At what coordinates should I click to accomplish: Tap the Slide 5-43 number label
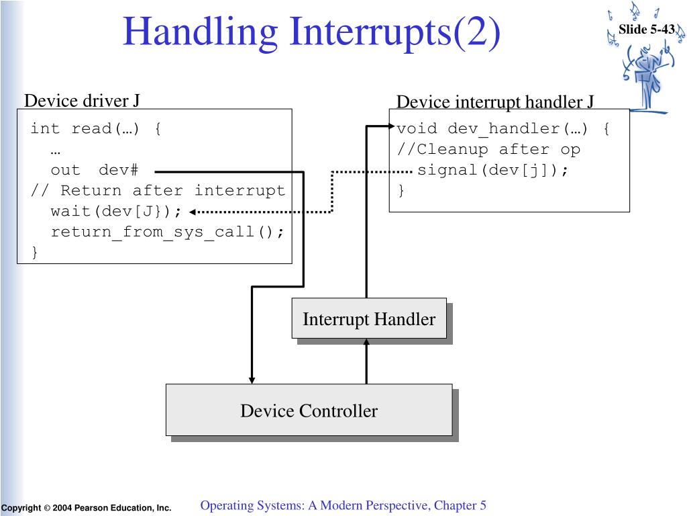[x=646, y=29]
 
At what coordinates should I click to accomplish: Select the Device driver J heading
[x=82, y=101]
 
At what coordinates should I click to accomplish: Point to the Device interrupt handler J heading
[x=495, y=102]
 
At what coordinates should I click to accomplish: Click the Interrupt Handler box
[x=369, y=318]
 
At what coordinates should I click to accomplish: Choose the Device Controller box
[x=309, y=411]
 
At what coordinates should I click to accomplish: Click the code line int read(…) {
[x=96, y=129]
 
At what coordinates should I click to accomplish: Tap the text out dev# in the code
[x=94, y=171]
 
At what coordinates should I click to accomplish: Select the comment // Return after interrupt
[x=158, y=191]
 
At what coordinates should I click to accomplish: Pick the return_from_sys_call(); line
[x=168, y=232]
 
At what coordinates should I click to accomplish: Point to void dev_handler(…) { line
[x=503, y=129]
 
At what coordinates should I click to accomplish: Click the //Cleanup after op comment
[x=488, y=150]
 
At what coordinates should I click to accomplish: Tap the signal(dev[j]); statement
[x=492, y=171]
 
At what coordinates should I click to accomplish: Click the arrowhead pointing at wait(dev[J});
[x=193, y=212]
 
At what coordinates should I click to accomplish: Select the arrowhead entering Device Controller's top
[x=252, y=379]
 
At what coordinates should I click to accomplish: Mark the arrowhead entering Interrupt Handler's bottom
[x=366, y=343]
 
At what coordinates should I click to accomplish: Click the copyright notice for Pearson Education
[x=86, y=508]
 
